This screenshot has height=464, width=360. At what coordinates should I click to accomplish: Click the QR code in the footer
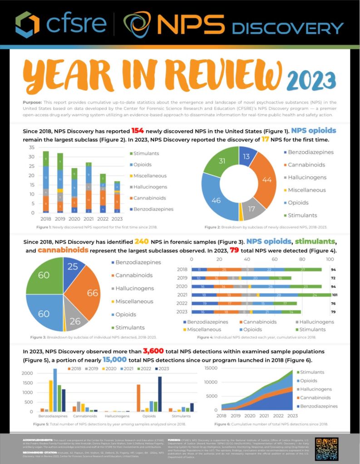click(326, 448)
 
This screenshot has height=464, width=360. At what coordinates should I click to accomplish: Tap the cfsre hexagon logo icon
click(27, 24)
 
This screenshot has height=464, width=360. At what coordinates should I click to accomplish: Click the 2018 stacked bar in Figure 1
click(46, 182)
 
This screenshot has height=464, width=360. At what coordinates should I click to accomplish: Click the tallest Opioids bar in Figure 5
click(159, 394)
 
